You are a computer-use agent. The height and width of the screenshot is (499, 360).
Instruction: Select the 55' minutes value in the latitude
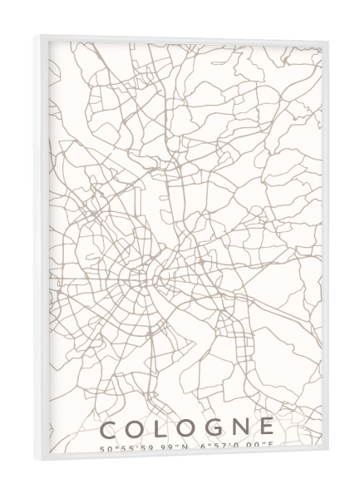[126, 449]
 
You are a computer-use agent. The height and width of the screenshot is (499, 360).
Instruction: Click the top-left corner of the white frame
[35, 37]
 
